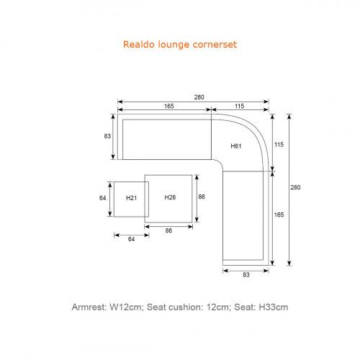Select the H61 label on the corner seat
pos(236,146)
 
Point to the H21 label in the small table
pos(131,198)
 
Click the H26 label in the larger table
pos(170,197)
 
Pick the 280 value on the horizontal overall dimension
pos(199,97)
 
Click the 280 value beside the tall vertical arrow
pos(295,187)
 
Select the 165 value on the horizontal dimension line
pos(169,106)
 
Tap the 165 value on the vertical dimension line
pos(279,215)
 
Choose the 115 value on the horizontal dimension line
pos(239,106)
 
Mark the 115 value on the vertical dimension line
pos(279,145)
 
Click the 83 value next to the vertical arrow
pos(107,136)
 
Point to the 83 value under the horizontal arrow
pos(246,274)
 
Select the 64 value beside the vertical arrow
pos(102,198)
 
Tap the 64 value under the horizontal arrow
pos(131,239)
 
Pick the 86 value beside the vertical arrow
pos(202,197)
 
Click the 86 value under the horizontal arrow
pos(168,230)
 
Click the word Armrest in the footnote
pos(89,307)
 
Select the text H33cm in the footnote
pos(273,307)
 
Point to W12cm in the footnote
pos(126,307)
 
